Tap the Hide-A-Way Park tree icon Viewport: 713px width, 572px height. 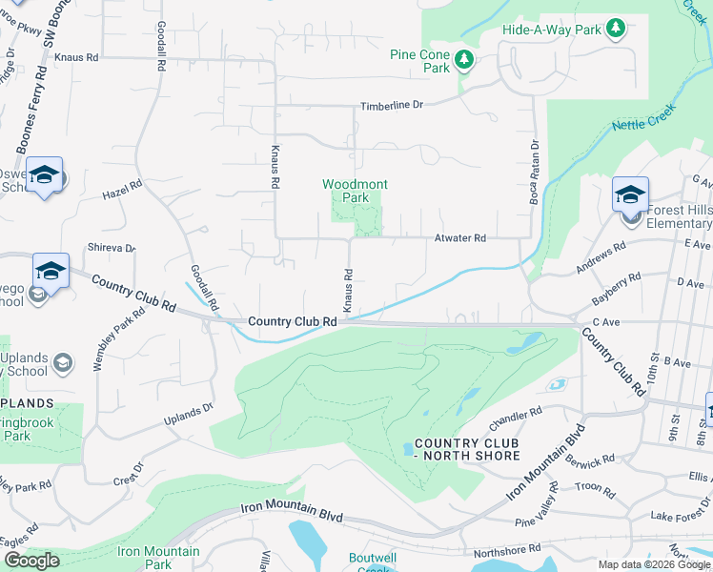tap(616, 29)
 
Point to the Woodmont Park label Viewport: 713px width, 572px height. tap(355, 191)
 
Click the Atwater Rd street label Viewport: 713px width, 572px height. tap(460, 238)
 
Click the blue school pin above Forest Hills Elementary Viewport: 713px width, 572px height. tap(630, 194)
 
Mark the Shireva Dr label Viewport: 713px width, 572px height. tap(112, 248)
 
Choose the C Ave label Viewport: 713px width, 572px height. tap(605, 323)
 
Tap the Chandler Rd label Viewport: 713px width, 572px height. tap(515, 419)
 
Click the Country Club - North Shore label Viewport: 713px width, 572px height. tap(467, 450)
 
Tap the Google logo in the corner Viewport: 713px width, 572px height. tap(31, 561)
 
